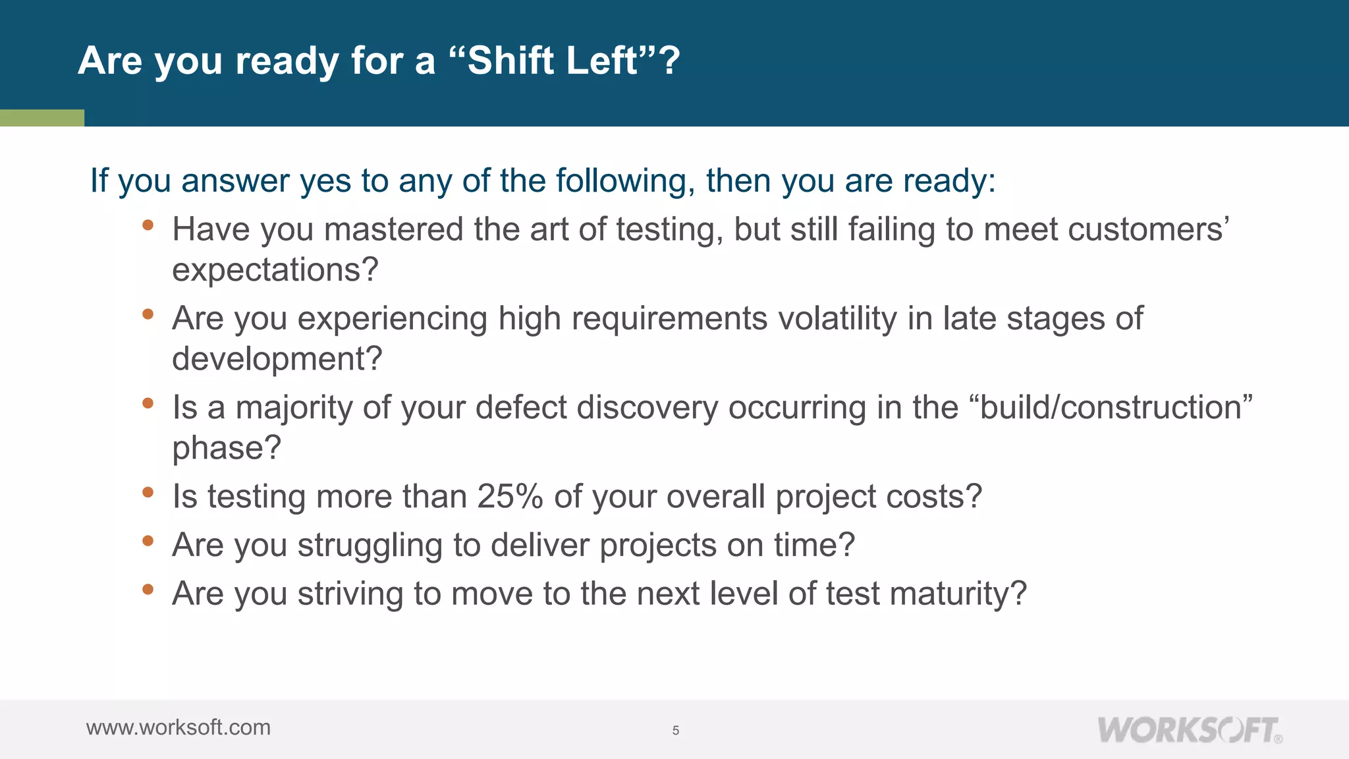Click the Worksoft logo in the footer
[x=1189, y=730]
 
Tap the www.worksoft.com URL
[x=179, y=727]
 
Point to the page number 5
[x=676, y=730]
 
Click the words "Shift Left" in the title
[x=553, y=61]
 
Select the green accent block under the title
[x=41, y=118]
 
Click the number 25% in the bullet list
[x=510, y=496]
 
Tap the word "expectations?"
[x=275, y=270]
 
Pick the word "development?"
[x=277, y=359]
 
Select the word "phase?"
[x=227, y=448]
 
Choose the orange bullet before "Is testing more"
[x=148, y=492]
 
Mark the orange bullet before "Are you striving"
[x=148, y=589]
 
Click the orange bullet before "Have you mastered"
[x=148, y=225]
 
